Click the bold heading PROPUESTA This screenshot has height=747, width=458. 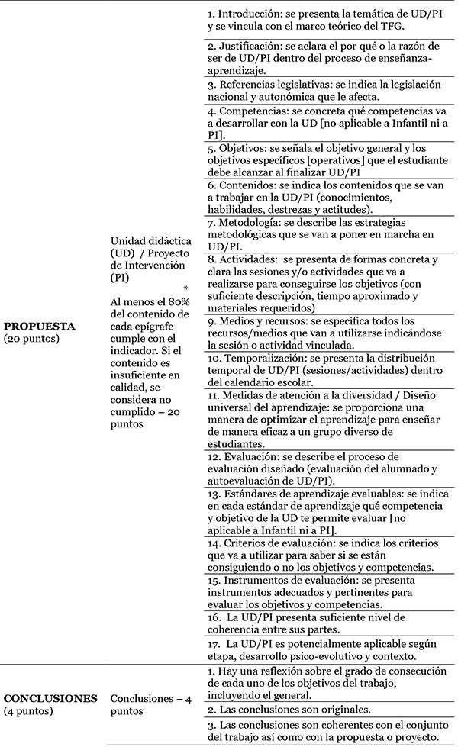point(38,326)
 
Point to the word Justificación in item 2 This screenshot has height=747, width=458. point(253,46)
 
